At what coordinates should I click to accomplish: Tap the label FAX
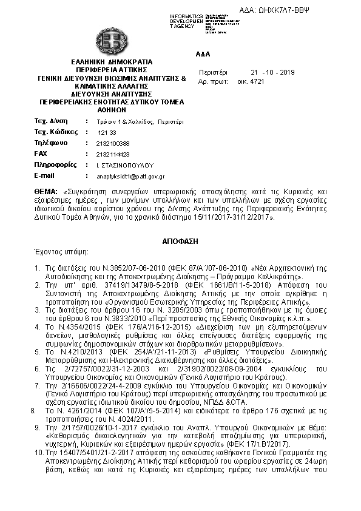point(41,154)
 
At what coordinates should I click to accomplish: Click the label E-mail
point(45,176)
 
